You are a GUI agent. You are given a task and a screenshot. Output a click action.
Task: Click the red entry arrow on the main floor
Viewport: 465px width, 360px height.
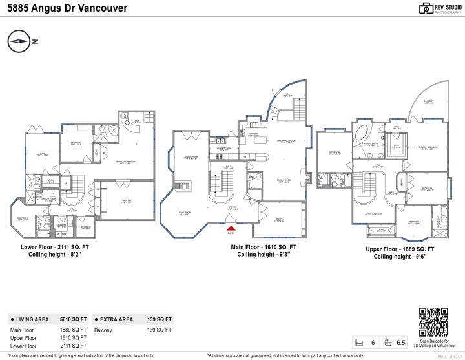[x=229, y=227]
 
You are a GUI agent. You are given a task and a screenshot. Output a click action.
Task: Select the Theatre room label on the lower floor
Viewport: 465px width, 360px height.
[x=127, y=200]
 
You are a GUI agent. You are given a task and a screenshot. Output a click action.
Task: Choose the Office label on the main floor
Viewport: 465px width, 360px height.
[x=279, y=220]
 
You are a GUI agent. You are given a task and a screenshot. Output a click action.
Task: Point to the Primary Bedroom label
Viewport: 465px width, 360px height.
[x=428, y=147]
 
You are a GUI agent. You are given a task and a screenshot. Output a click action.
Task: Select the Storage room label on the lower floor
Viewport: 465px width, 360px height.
[x=86, y=226]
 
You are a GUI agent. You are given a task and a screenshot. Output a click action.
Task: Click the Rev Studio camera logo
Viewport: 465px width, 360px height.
[x=408, y=8]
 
